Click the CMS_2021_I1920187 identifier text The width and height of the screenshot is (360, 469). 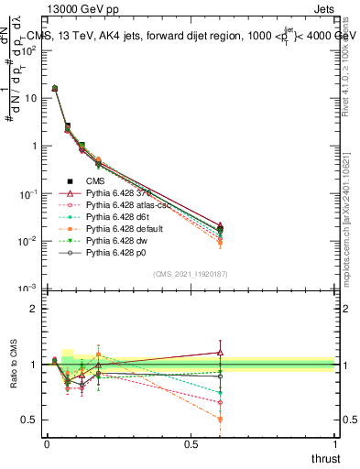coord(191,274)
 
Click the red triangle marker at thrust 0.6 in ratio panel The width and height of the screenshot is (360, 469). coord(220,352)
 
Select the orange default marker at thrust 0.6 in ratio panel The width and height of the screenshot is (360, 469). coord(220,420)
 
